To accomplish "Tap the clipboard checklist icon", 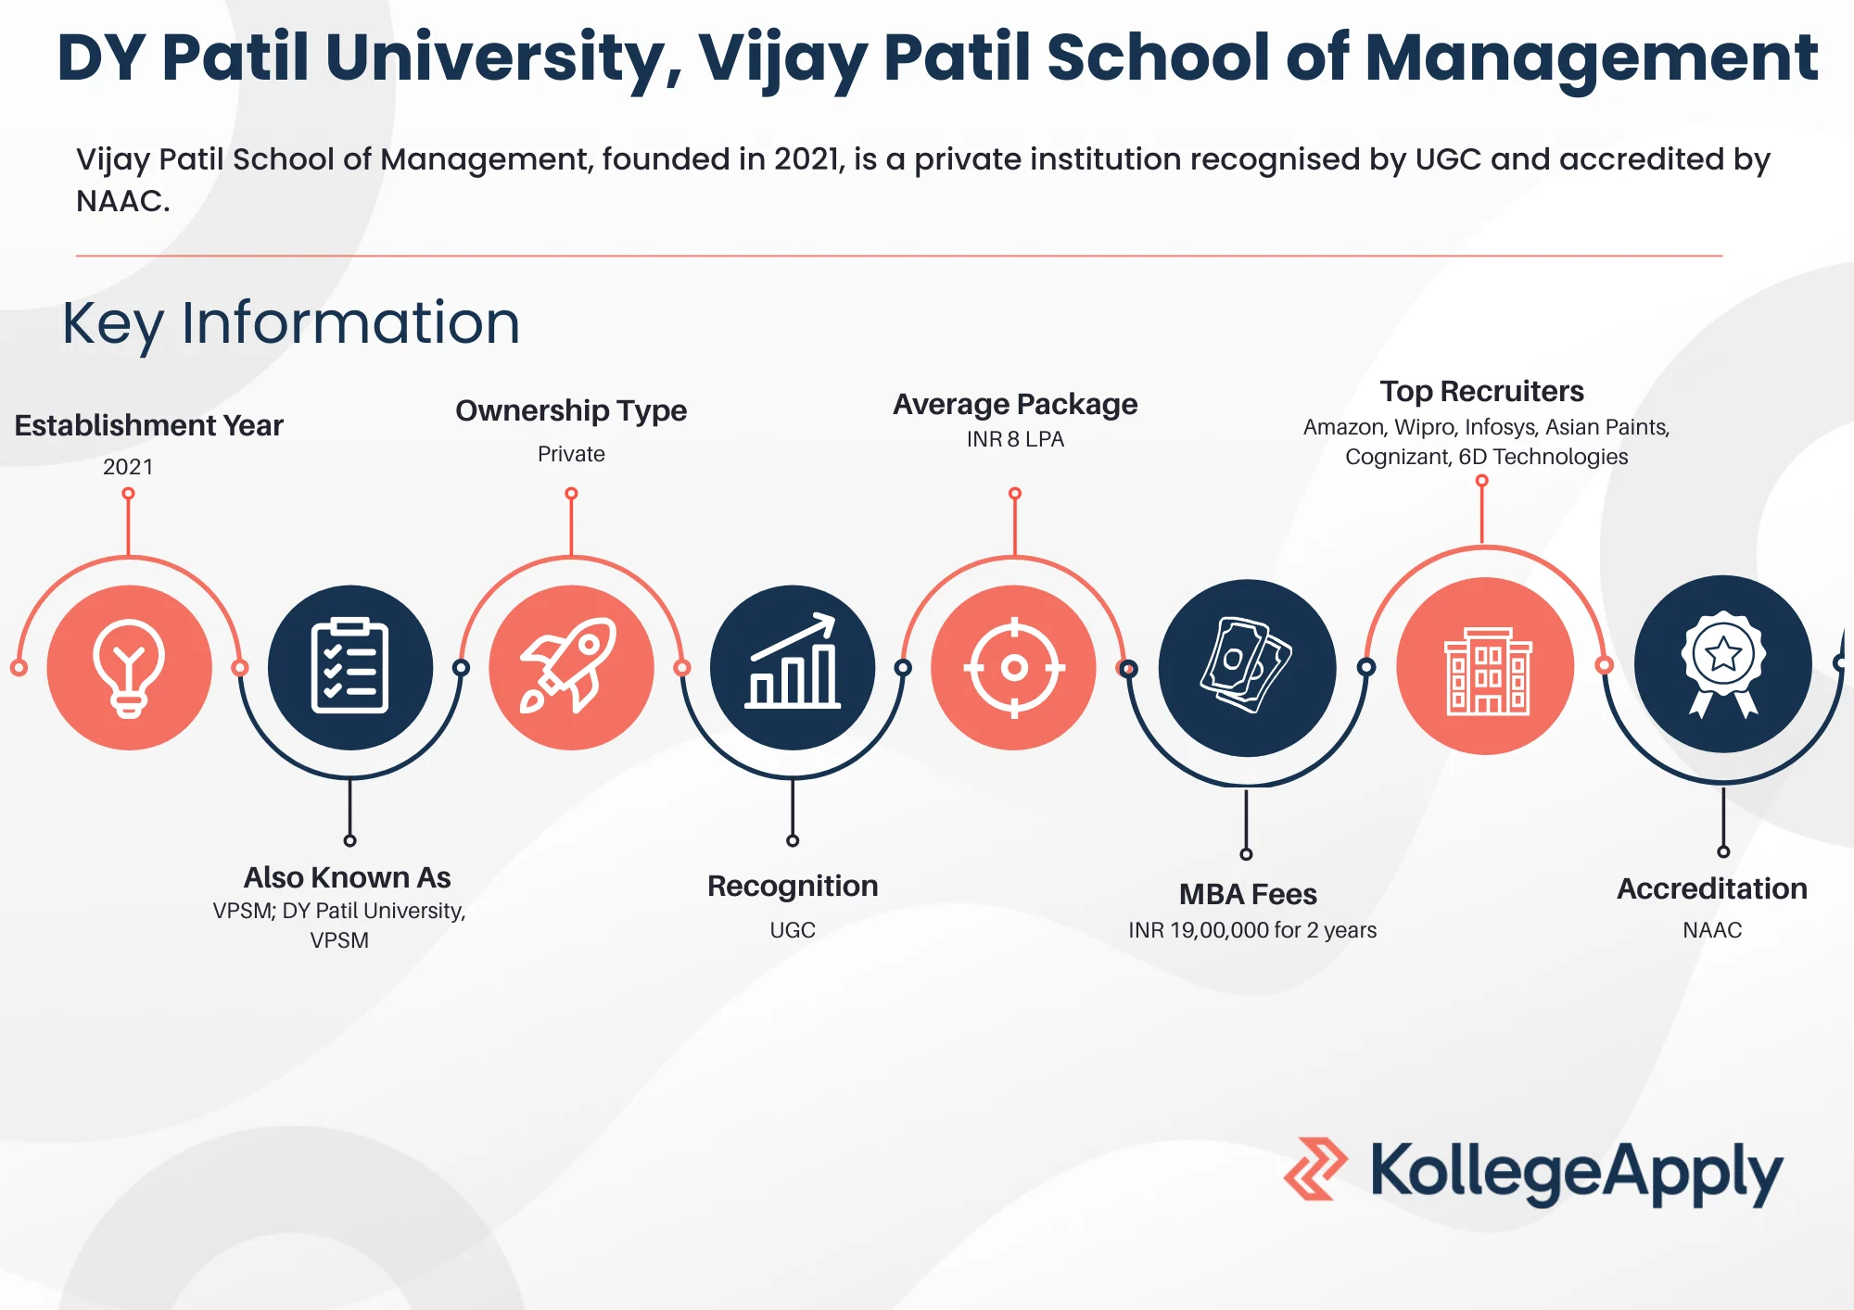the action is [x=349, y=666].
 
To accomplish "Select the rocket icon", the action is [x=570, y=665].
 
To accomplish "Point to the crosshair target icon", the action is [x=1014, y=667].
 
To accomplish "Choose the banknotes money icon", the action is [x=1246, y=665].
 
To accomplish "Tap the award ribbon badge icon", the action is [x=1723, y=663].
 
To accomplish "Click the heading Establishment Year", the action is [x=148, y=425].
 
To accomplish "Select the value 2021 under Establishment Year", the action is [x=128, y=467].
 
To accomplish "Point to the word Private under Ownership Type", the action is [x=571, y=454].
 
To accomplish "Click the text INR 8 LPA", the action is [x=1015, y=439].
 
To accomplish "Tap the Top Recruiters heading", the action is [x=1481, y=391].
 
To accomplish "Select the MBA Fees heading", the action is [x=1248, y=894].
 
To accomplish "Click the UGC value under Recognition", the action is [x=793, y=930].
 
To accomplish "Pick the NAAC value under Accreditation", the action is [x=1712, y=930].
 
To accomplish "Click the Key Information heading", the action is [x=291, y=323].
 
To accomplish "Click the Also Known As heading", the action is [x=348, y=877].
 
